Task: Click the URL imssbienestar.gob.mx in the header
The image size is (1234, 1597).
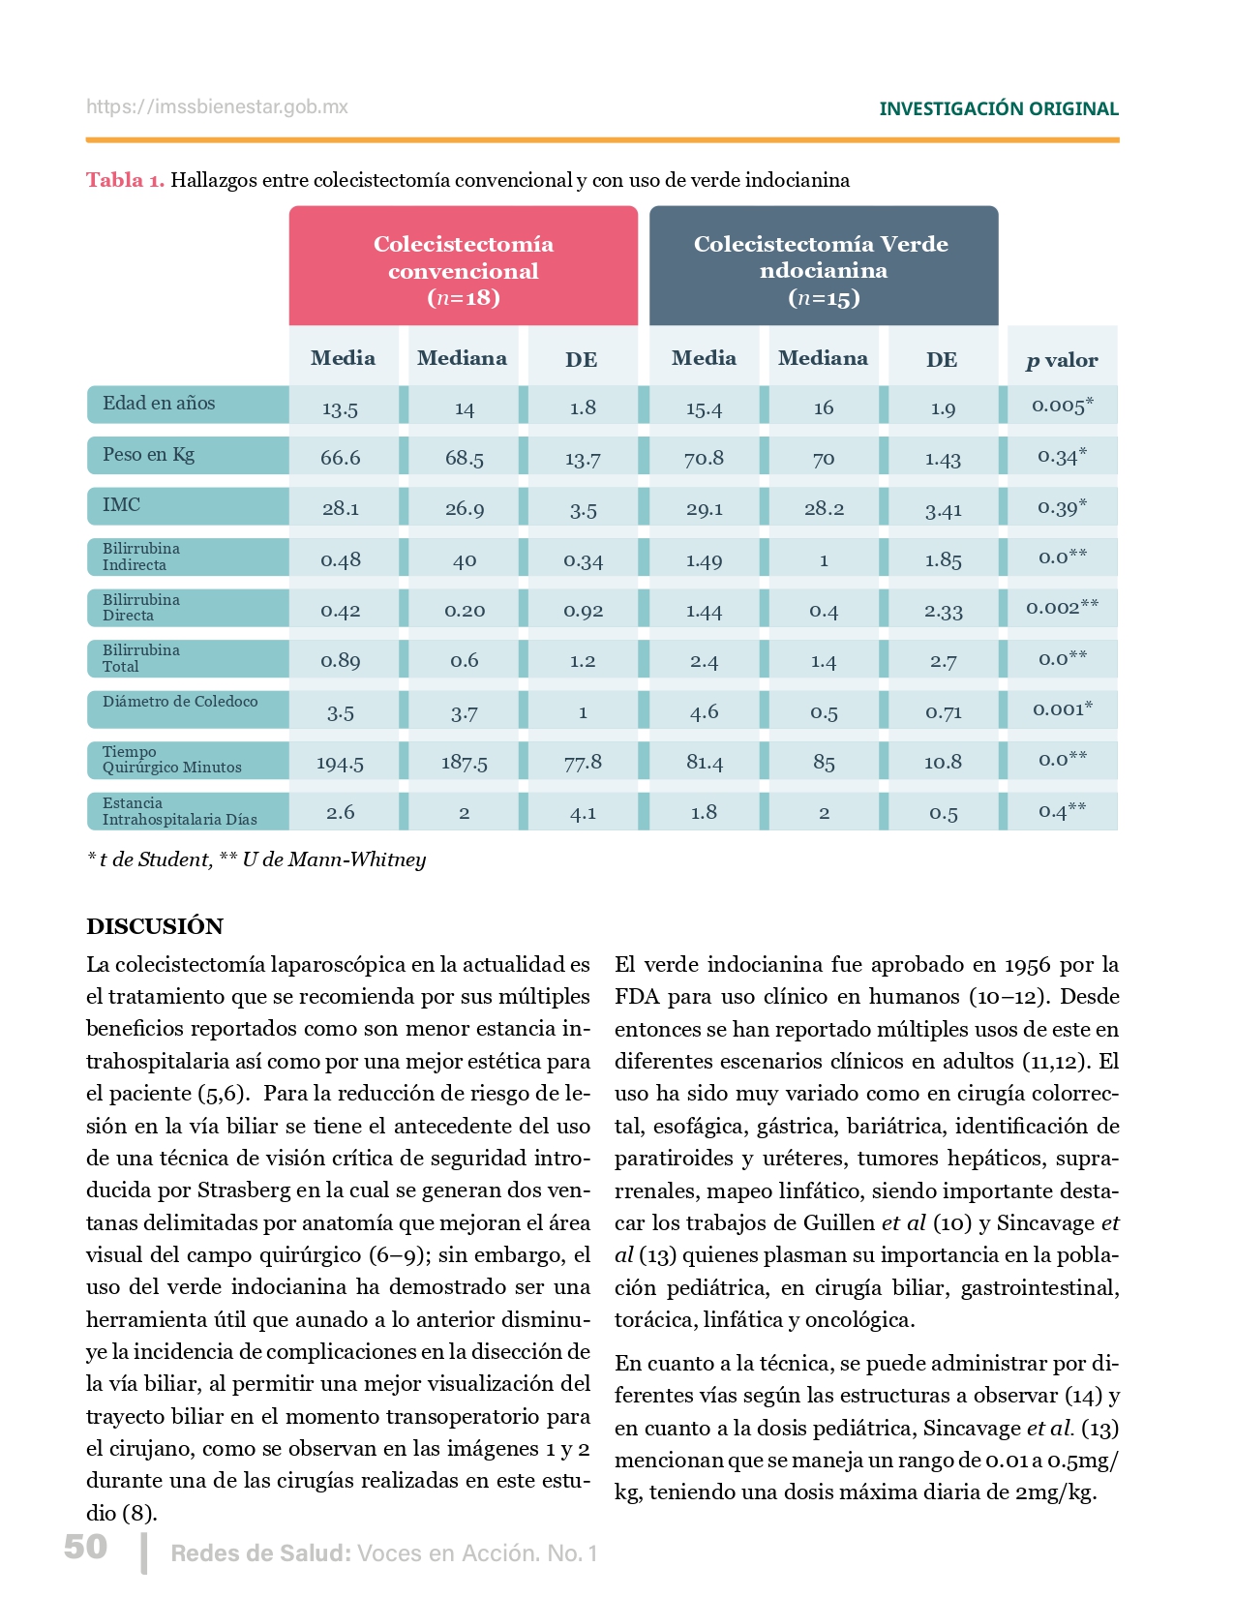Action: tap(217, 107)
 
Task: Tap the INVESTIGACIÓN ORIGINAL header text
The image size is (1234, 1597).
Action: tap(998, 109)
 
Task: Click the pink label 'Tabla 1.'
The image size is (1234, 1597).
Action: tap(125, 180)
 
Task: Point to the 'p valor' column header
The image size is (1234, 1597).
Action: tap(1062, 360)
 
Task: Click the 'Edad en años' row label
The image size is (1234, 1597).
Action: tap(160, 404)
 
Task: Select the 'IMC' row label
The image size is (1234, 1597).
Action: tap(122, 504)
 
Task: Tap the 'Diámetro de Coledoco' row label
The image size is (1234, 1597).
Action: tap(180, 702)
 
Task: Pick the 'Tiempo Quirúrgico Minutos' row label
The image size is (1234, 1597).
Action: tap(172, 760)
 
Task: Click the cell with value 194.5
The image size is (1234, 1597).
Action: tap(340, 763)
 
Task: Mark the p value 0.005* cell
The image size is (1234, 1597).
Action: tap(1062, 406)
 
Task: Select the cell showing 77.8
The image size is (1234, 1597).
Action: tap(583, 763)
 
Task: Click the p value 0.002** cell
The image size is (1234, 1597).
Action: tap(1062, 607)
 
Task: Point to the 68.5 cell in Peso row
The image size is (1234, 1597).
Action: tap(464, 458)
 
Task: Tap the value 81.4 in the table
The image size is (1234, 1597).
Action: tap(704, 763)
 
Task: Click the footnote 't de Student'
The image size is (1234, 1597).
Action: tap(155, 859)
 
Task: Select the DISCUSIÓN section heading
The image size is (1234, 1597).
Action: tap(155, 926)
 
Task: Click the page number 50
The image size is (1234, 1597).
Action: tap(85, 1547)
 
